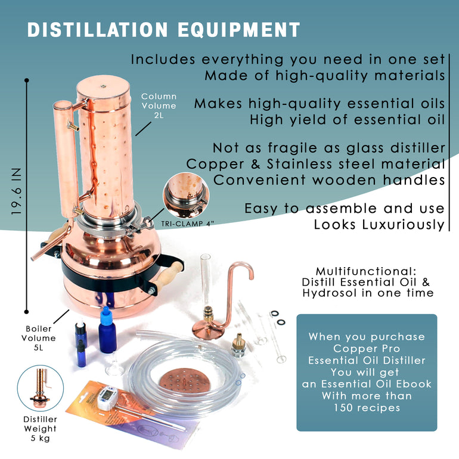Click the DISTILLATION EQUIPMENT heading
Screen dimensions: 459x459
point(163,30)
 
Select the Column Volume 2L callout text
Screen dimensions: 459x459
point(159,106)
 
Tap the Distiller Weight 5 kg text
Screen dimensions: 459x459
point(41,428)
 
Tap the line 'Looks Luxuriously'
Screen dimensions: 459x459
point(379,225)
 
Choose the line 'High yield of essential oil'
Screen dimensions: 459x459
point(347,119)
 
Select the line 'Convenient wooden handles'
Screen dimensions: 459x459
point(329,179)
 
